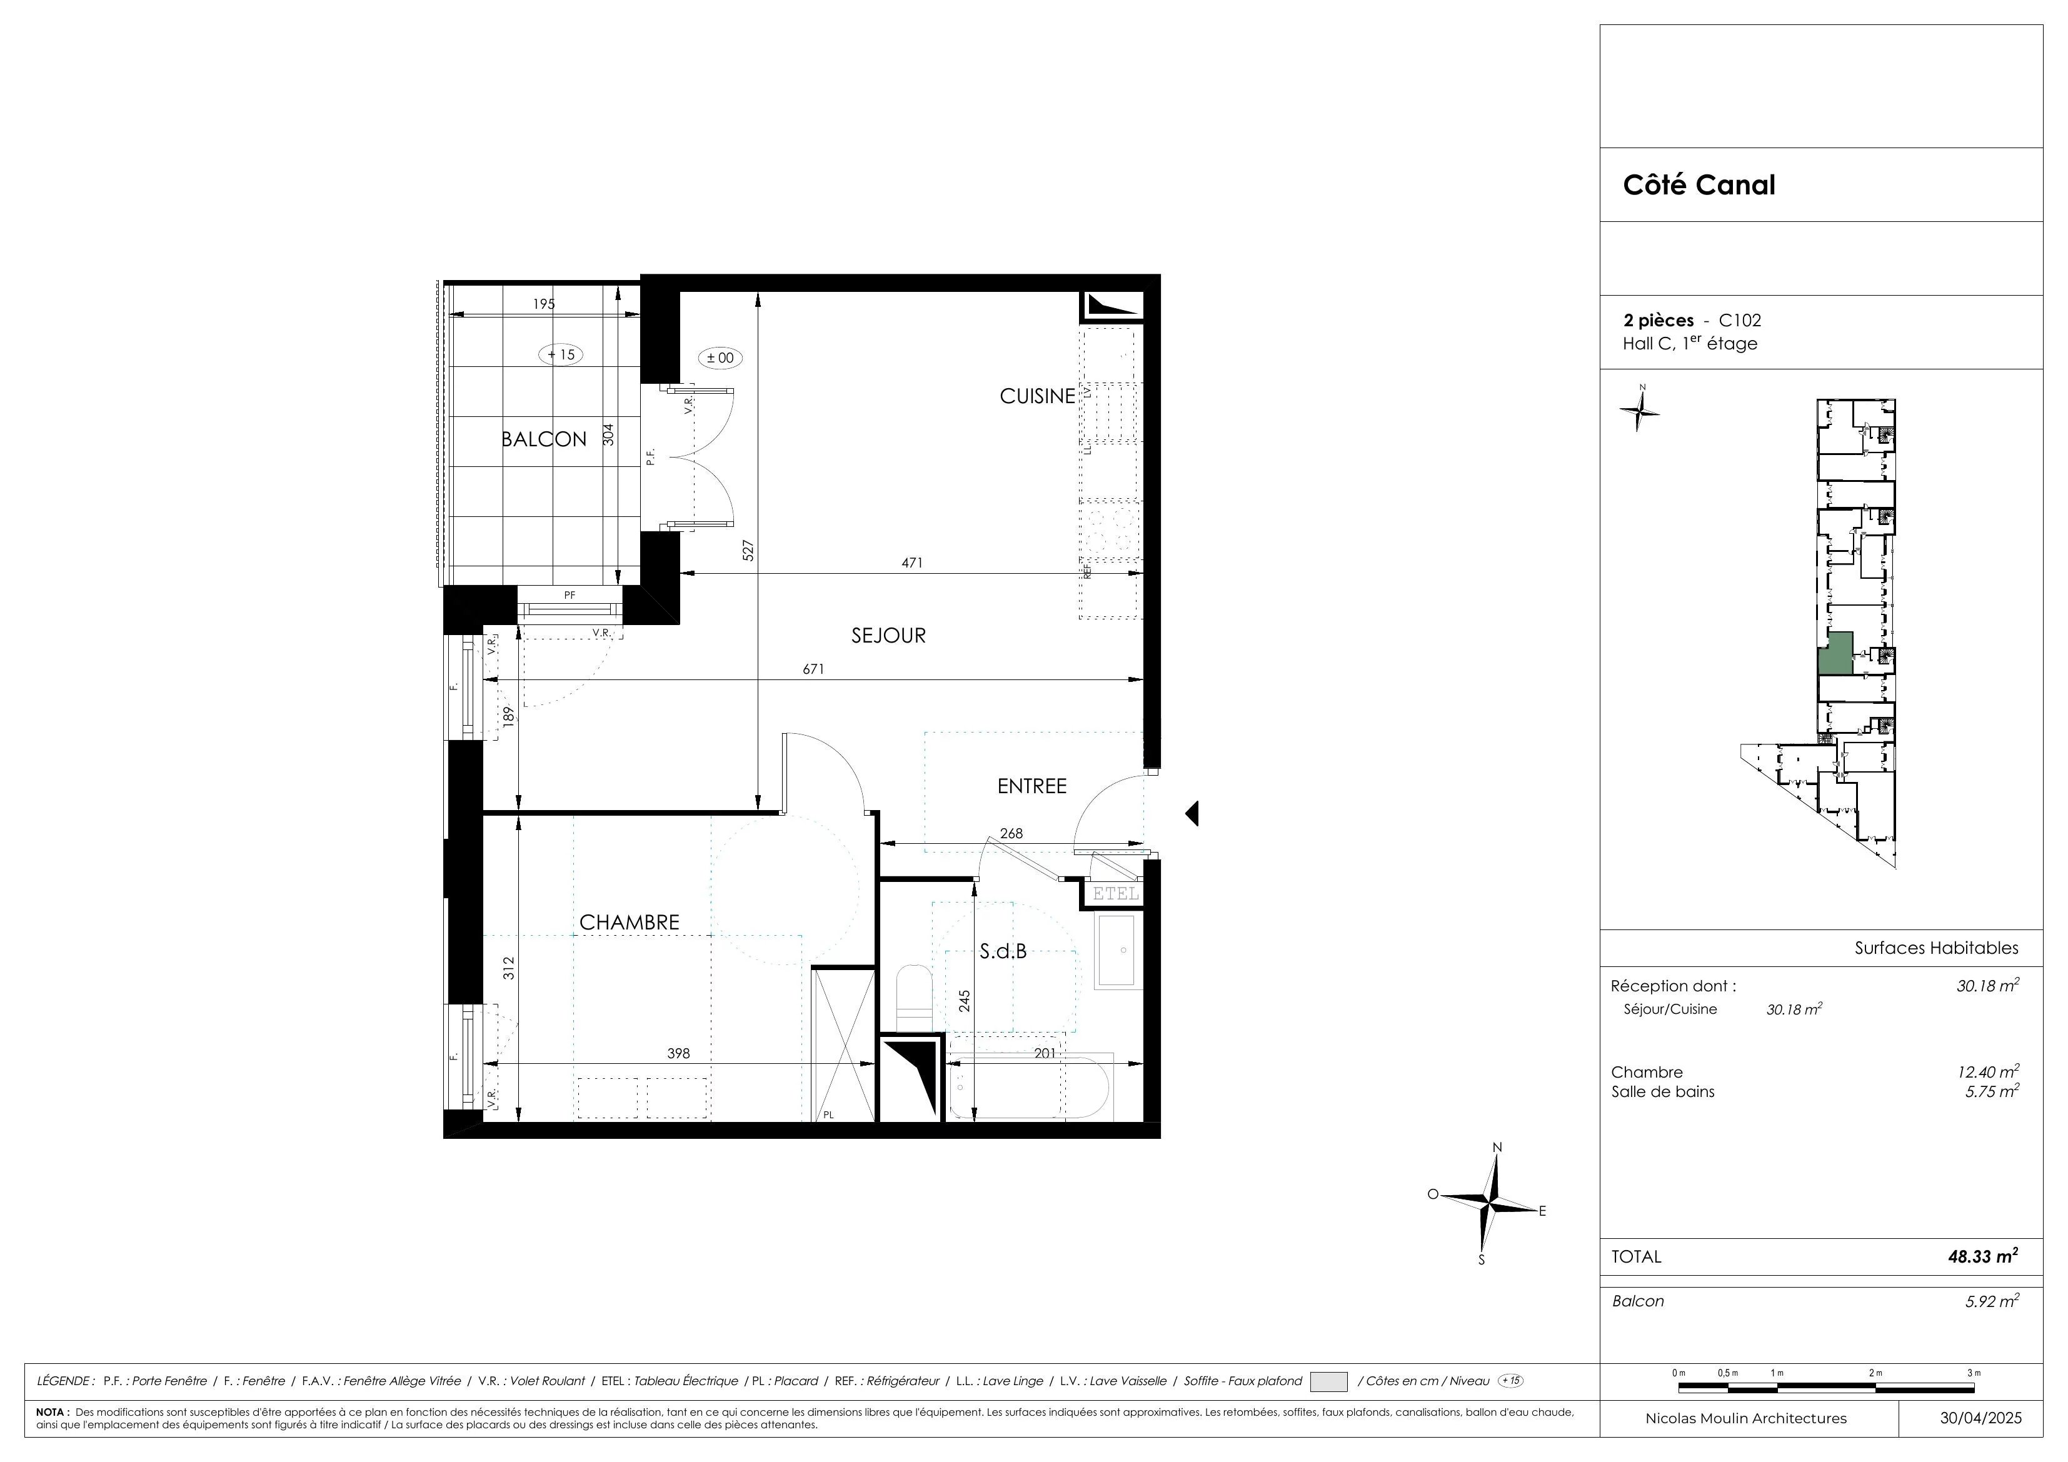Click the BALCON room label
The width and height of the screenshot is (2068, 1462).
pos(544,439)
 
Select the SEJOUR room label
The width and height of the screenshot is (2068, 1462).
pos(888,635)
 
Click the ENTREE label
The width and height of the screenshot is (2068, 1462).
pos(1031,786)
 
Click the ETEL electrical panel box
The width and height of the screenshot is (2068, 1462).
pos(1116,894)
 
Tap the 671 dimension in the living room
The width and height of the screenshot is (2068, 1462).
pos(813,669)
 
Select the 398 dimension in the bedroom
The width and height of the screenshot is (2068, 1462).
pos(678,1053)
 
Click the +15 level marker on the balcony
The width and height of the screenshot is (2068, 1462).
pos(560,354)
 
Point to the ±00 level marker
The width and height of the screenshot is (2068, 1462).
pos(721,358)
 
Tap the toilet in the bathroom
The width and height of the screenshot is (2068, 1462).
pos(913,995)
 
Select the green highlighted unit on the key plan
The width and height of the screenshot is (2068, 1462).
pos(1835,654)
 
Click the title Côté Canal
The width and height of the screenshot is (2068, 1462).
pos(1699,184)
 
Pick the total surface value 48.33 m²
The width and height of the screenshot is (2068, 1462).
pos(1982,1256)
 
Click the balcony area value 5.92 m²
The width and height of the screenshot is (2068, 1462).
pos(1992,1301)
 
